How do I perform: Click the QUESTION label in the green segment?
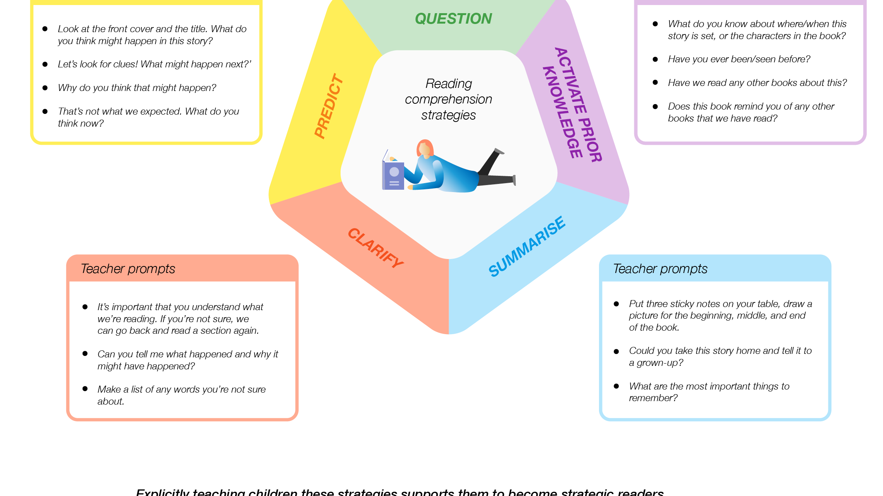coord(453,19)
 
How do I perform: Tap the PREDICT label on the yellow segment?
coord(329,106)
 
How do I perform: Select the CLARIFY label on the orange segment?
coord(375,248)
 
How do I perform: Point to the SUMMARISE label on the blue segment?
coord(527,246)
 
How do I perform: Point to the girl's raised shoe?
coord(499,151)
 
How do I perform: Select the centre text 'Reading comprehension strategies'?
coord(448,99)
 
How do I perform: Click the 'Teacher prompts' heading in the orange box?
coord(128,269)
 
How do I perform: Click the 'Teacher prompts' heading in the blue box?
coord(660,269)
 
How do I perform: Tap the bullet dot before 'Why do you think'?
coord(45,88)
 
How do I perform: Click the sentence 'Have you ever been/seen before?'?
coord(739,59)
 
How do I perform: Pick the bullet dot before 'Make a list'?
coord(85,389)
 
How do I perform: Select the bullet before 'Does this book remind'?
coord(655,106)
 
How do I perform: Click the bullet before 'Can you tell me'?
coord(85,354)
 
